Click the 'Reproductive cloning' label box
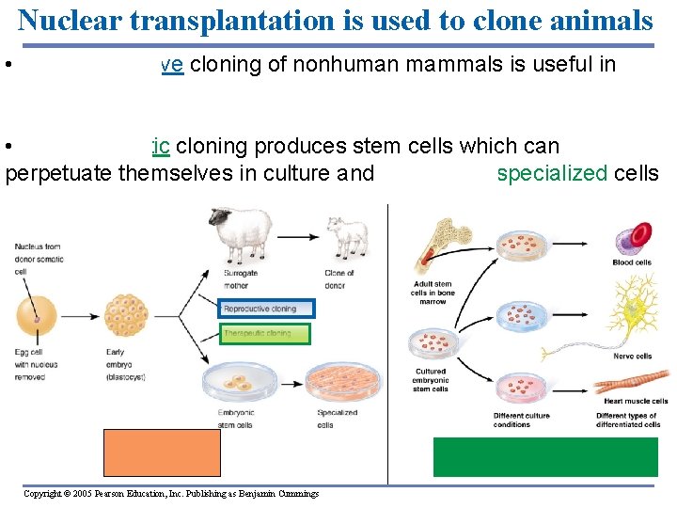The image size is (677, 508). point(267,308)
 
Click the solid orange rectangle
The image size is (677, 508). point(162,452)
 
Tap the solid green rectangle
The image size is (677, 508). point(544,457)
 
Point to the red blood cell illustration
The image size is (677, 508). point(634,239)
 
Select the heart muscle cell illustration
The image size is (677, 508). point(629,384)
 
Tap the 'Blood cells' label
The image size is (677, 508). point(631,263)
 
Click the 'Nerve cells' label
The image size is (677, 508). point(631,357)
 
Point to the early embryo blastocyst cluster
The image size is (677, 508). point(126,319)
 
